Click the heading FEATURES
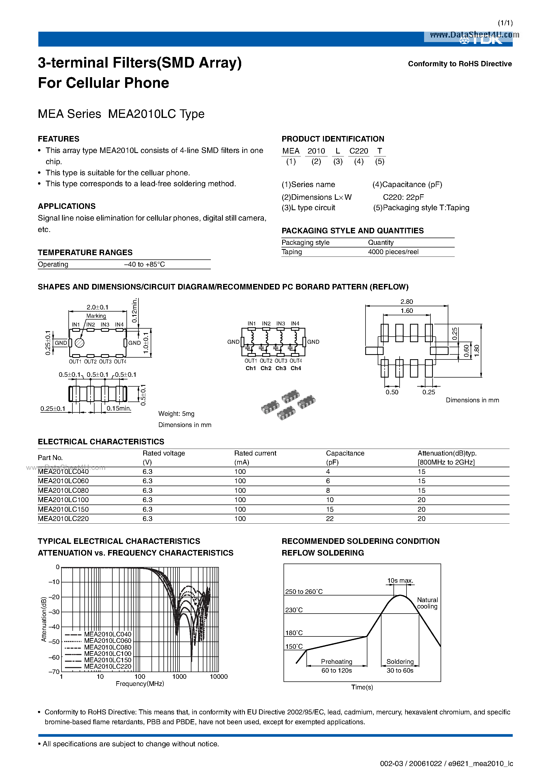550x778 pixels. [x=58, y=139]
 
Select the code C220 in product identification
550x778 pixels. [x=358, y=151]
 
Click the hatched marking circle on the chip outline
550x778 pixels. [x=79, y=343]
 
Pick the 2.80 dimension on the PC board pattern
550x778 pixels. [x=407, y=301]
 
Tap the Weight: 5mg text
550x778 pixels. [x=176, y=414]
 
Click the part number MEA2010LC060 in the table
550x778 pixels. [x=63, y=481]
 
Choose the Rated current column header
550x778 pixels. [x=255, y=453]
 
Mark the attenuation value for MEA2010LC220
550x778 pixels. [x=421, y=519]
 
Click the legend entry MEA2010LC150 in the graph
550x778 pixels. [x=108, y=660]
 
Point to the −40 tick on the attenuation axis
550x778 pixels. [x=54, y=627]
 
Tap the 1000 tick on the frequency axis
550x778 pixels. [x=179, y=677]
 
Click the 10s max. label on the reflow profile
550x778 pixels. [x=400, y=581]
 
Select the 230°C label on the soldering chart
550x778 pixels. [x=294, y=610]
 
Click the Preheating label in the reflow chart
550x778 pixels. [x=336, y=662]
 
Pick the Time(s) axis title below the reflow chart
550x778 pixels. [x=362, y=687]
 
